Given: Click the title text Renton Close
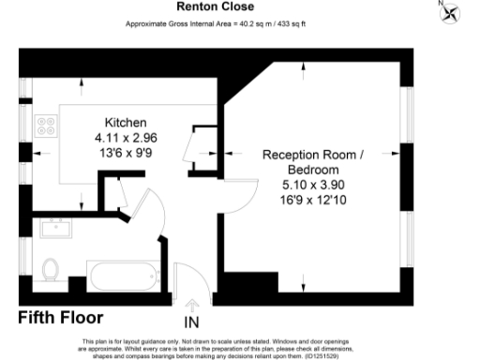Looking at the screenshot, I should (x=213, y=7).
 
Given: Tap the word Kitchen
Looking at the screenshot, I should (x=126, y=123).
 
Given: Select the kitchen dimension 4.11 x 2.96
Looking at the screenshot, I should (x=126, y=139).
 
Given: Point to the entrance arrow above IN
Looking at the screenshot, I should (x=193, y=304).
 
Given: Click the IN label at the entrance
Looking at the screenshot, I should (x=193, y=321).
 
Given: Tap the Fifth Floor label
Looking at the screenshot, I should (x=61, y=319).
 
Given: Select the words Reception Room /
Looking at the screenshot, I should (x=307, y=155).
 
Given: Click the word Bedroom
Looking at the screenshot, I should (x=307, y=171).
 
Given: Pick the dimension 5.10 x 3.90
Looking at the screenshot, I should (x=307, y=187).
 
